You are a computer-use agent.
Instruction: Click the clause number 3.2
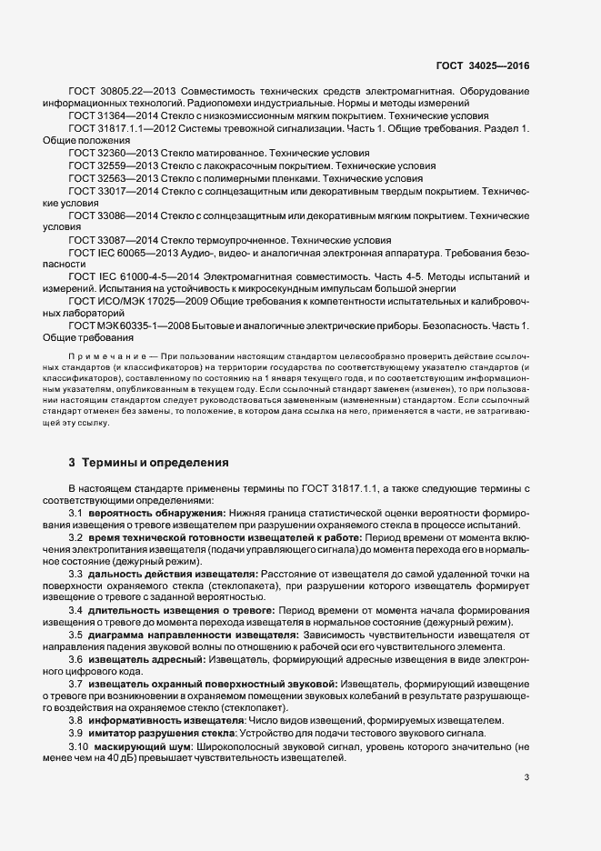click(x=76, y=538)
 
